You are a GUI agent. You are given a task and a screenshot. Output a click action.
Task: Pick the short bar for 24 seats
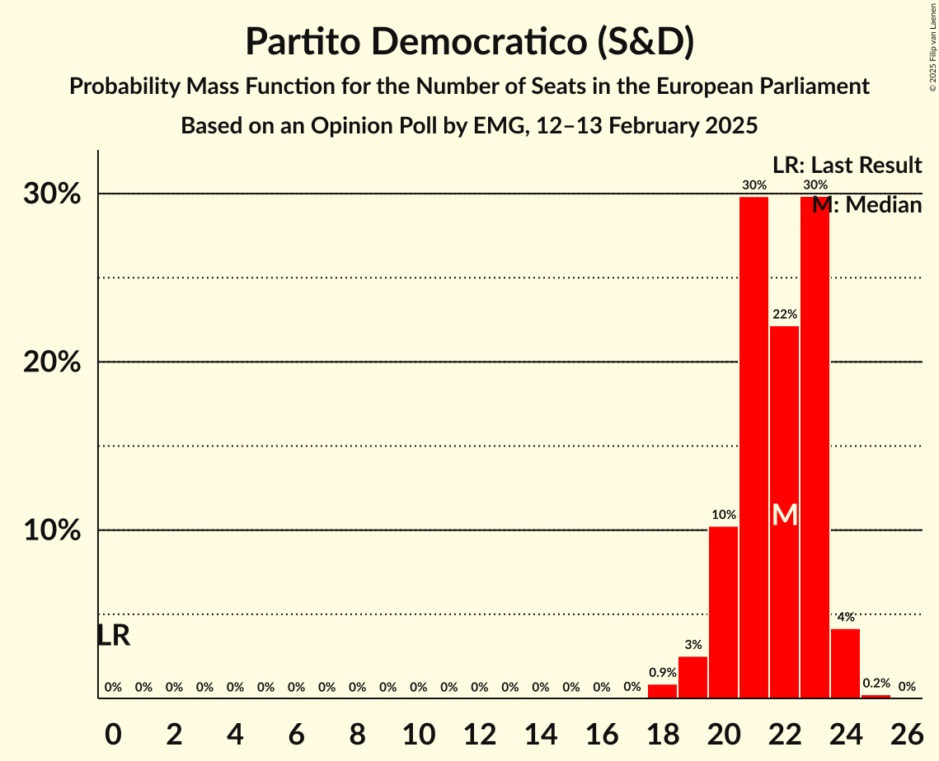(845, 663)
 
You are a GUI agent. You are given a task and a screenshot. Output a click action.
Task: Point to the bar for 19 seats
(693, 677)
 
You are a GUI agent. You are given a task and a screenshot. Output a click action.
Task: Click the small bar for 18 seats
(662, 691)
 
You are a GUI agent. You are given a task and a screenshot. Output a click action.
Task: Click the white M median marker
(785, 515)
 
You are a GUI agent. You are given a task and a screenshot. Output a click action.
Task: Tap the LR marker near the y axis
(113, 636)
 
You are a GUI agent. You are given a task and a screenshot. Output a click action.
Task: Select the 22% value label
(785, 314)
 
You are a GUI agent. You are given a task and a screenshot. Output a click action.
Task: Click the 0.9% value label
(662, 673)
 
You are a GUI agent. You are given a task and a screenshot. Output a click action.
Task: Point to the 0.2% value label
(876, 684)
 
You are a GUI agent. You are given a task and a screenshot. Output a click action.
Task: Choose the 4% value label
(845, 617)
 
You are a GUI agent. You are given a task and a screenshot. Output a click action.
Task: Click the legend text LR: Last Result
(847, 166)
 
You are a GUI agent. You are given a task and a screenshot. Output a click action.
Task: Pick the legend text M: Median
(866, 205)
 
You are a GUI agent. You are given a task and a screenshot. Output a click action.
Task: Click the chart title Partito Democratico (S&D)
(469, 41)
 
